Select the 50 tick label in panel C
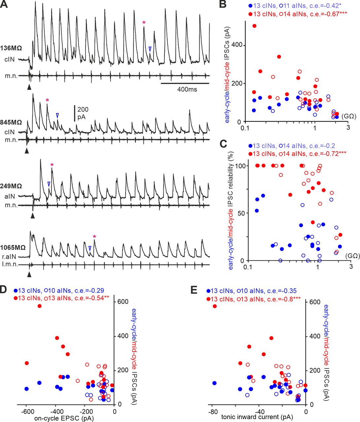pos(238,213)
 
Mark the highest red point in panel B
pos(254,26)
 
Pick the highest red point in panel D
pos(40,306)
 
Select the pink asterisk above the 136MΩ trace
pos(144,23)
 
